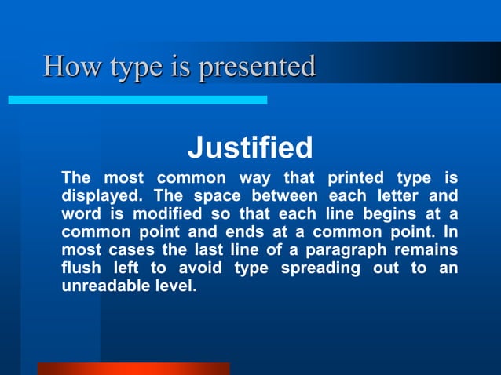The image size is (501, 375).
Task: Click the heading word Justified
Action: (x=250, y=147)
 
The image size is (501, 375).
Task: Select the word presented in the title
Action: (x=258, y=67)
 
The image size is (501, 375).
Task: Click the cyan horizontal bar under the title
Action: (x=137, y=100)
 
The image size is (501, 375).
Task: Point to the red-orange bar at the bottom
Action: (x=133, y=368)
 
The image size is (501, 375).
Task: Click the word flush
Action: (x=81, y=269)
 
